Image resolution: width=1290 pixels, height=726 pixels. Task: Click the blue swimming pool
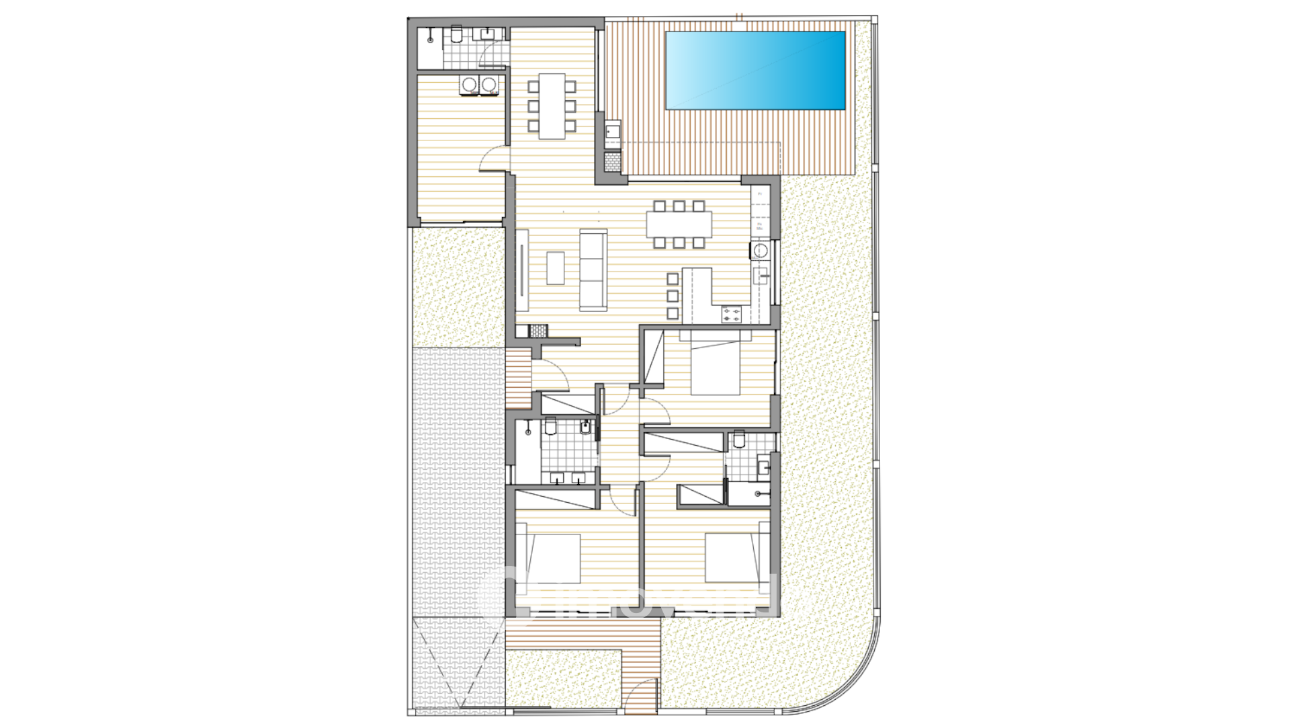coord(755,70)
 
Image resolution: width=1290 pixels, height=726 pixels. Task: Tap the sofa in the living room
coord(593,270)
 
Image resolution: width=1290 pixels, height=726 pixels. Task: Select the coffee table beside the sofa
coord(555,268)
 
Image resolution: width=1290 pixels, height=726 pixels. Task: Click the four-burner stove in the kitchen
coord(732,314)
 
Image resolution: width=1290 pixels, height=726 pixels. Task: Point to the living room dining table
coord(679,225)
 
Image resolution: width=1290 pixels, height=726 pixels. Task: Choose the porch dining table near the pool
coord(552,106)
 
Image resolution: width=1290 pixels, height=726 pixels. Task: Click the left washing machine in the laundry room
coord(470,85)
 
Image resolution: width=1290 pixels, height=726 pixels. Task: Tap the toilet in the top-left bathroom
coord(456,34)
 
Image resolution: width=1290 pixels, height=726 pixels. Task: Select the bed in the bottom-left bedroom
coord(553,559)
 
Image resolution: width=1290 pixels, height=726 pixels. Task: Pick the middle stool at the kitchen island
coord(673,296)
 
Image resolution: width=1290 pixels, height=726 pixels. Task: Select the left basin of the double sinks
coord(558,478)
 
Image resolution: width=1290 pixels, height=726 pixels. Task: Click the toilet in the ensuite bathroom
coord(740,440)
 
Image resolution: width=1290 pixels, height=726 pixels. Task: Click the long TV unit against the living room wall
coord(522,270)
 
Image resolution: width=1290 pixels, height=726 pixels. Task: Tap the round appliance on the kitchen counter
coord(760,251)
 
